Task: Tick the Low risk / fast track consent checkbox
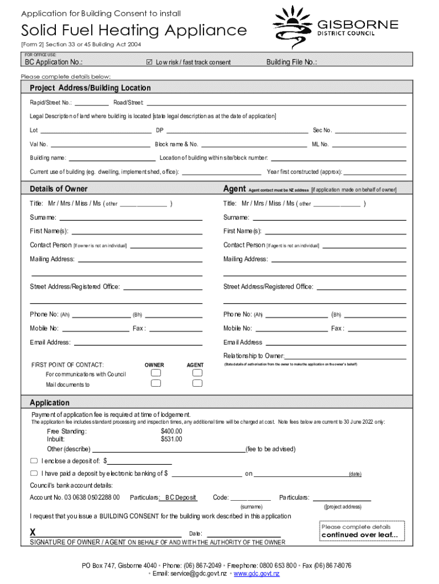(149, 62)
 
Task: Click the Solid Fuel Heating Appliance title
(134, 30)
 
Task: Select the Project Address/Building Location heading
(90, 88)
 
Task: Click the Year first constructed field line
(375, 172)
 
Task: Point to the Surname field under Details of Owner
(131, 217)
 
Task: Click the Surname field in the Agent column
(329, 217)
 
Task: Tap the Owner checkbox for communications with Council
(155, 373)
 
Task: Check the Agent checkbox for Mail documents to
(197, 384)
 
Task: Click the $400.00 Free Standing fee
(171, 431)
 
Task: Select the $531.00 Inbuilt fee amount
(171, 439)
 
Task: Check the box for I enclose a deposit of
(34, 461)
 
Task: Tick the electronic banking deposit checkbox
(34, 473)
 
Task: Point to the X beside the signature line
(32, 533)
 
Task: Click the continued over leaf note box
(360, 531)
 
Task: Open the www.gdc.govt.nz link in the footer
(257, 573)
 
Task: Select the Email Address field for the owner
(138, 343)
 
